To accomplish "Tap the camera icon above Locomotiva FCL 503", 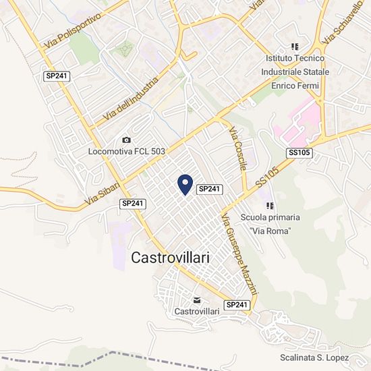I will coord(126,140).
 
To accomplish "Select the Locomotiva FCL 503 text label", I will coord(126,152).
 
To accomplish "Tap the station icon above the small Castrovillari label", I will coord(196,299).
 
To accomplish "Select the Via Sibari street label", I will coord(103,194).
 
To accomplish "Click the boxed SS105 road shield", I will coord(299,153).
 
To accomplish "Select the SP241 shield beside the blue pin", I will coord(210,190).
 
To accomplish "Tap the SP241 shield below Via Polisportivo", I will coord(57,77).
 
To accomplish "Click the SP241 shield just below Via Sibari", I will coord(133,203).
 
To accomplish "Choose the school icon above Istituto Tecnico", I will coord(294,47).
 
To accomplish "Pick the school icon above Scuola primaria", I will coord(270,205).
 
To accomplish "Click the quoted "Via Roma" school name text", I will coord(270,231).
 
